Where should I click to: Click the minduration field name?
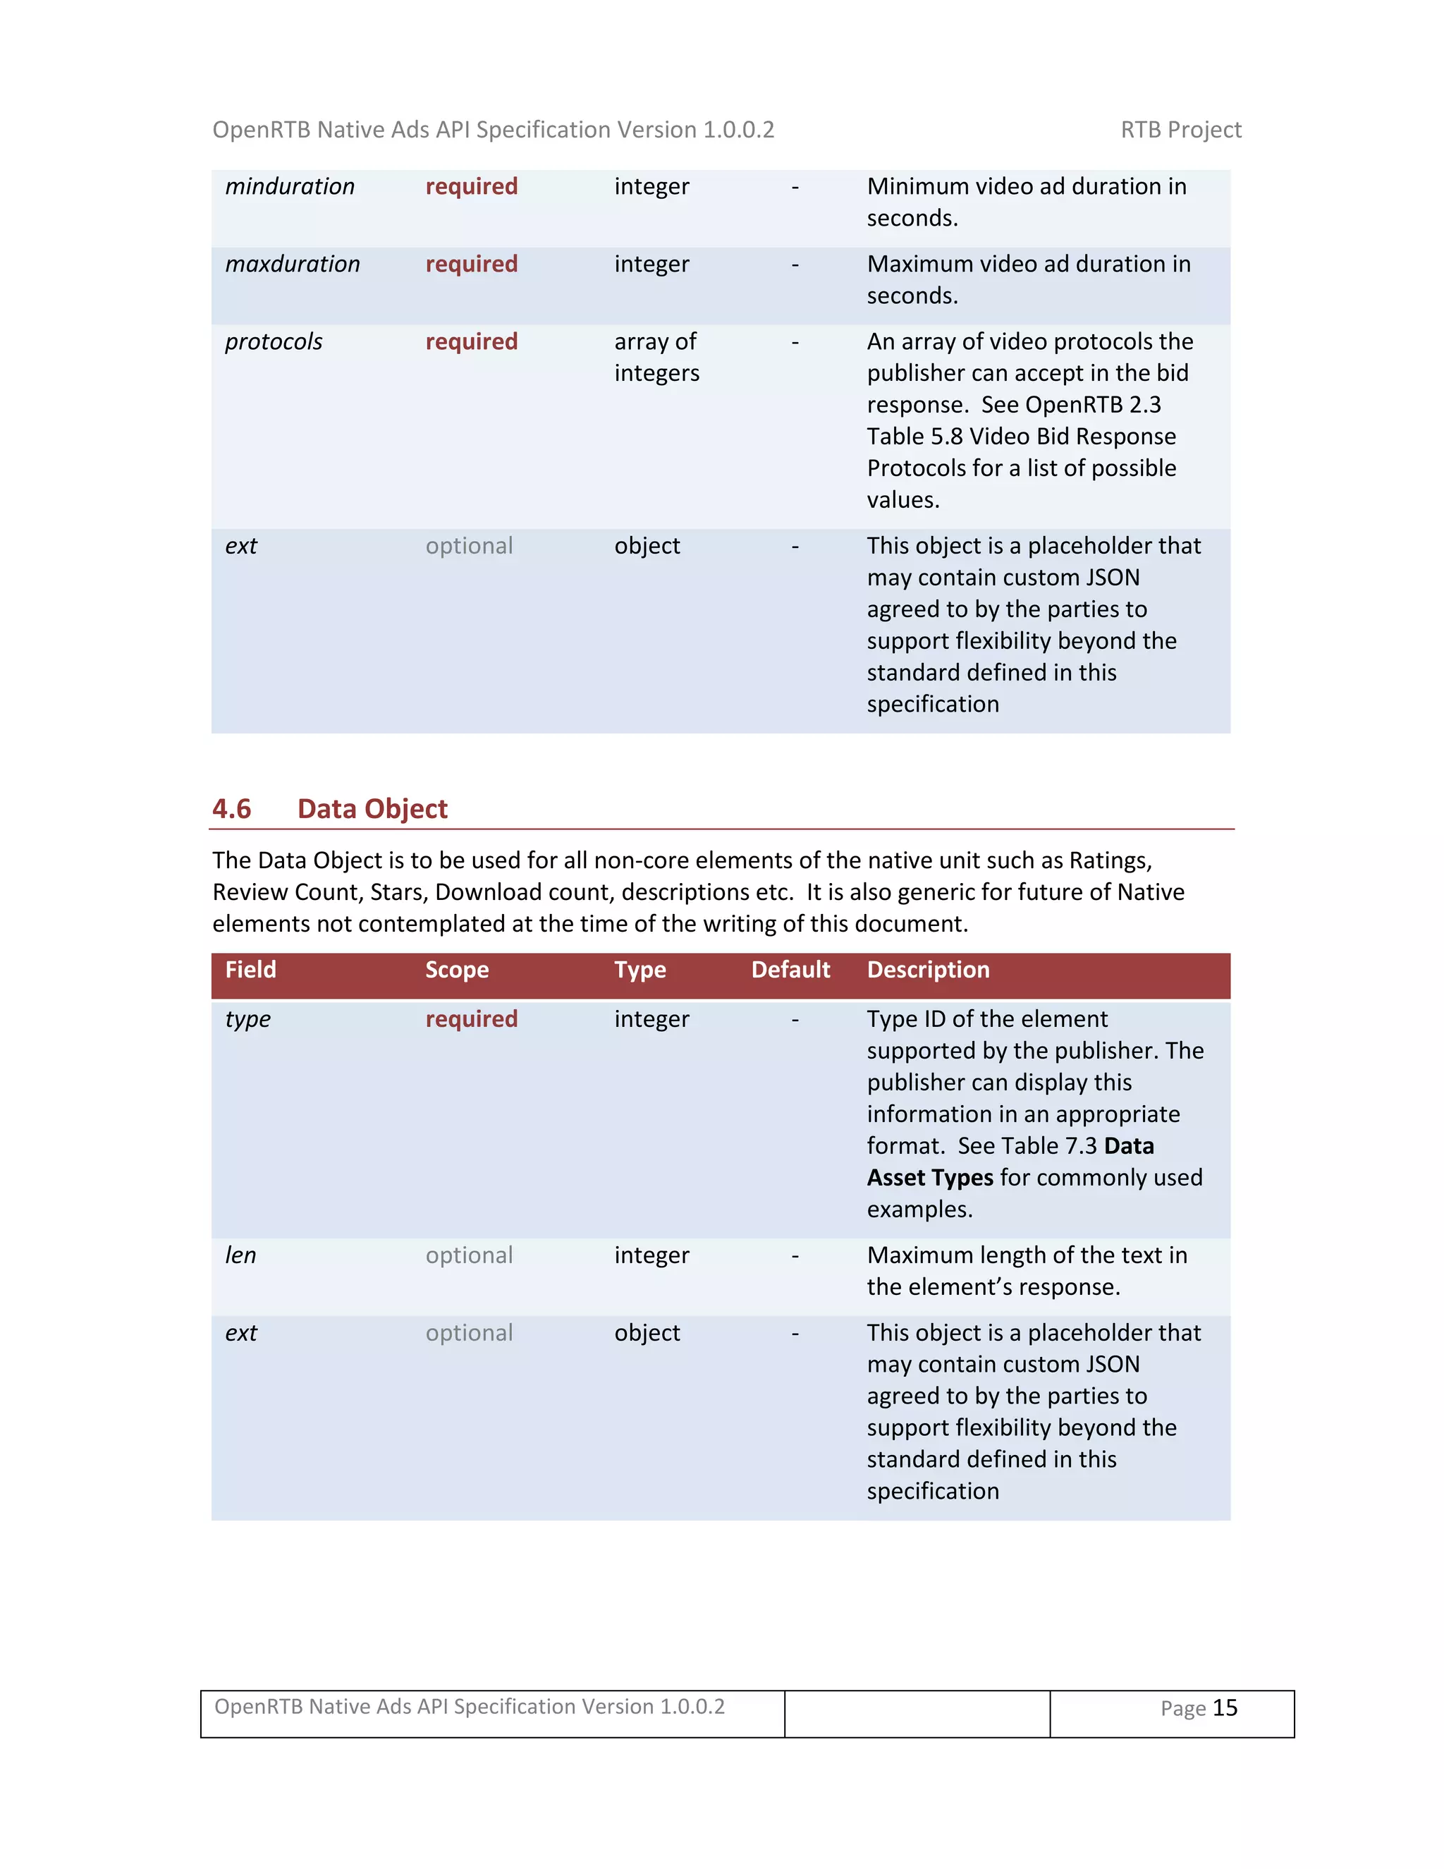pyautogui.click(x=289, y=187)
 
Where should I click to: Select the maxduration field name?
pyautogui.click(x=292, y=264)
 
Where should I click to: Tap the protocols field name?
pyautogui.click(x=273, y=342)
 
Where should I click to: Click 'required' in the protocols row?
pyautogui.click(x=472, y=342)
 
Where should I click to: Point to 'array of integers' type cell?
pyautogui.click(x=656, y=358)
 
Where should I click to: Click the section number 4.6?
pyautogui.click(x=232, y=810)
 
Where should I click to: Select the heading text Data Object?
pyautogui.click(x=372, y=810)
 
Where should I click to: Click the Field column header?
pyautogui.click(x=250, y=970)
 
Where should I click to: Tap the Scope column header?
pyautogui.click(x=457, y=970)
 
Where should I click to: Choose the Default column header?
pyautogui.click(x=790, y=970)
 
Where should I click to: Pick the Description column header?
pyautogui.click(x=928, y=970)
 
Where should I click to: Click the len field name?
pyautogui.click(x=240, y=1255)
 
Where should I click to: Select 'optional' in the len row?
pyautogui.click(x=469, y=1255)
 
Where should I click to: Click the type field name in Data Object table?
pyautogui.click(x=247, y=1019)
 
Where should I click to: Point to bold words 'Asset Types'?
pyautogui.click(x=930, y=1179)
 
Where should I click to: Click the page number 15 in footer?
pyautogui.click(x=1225, y=1708)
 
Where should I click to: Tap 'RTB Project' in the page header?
pyautogui.click(x=1180, y=130)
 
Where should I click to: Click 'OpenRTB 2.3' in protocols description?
pyautogui.click(x=1092, y=405)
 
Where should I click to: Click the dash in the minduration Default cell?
pyautogui.click(x=795, y=187)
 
